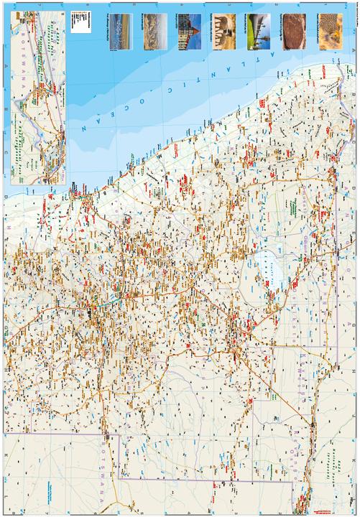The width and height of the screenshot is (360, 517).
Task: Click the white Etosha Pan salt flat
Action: coord(265,271)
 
